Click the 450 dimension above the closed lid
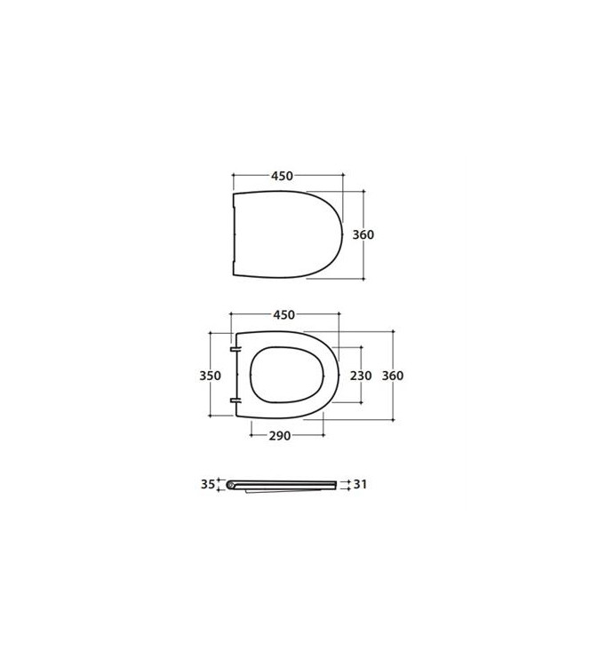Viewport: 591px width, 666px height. click(x=281, y=176)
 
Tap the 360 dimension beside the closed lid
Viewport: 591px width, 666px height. click(x=363, y=235)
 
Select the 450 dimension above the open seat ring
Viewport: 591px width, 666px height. click(x=284, y=315)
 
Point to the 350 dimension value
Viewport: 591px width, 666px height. click(x=210, y=376)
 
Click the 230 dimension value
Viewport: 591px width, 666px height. click(x=360, y=376)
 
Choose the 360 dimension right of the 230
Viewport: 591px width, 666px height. click(x=392, y=376)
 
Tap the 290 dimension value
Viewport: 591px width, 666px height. click(x=281, y=436)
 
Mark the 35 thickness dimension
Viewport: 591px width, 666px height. click(x=207, y=484)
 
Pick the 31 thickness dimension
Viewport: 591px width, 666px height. click(x=360, y=484)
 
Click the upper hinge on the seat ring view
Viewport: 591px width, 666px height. click(x=235, y=349)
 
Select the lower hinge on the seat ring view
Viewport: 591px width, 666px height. click(x=235, y=401)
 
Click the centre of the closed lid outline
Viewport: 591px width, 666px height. click(x=286, y=234)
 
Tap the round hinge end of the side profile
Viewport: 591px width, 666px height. click(x=232, y=485)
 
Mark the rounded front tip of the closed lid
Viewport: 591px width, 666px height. click(x=342, y=234)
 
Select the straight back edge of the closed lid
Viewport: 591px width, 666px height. click(x=233, y=234)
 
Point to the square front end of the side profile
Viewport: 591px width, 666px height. click(x=336, y=484)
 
